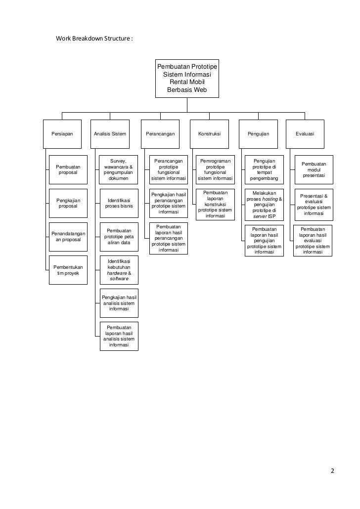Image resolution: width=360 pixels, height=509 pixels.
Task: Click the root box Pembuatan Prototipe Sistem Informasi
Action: (x=186, y=79)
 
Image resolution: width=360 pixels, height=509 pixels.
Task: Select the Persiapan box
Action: (x=61, y=134)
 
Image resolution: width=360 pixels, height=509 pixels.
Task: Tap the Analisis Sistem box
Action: (x=110, y=134)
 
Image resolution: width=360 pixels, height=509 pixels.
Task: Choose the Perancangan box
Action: (x=160, y=134)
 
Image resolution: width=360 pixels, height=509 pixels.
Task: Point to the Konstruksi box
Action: (x=209, y=134)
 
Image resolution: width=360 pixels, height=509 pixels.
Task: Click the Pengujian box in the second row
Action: (x=259, y=134)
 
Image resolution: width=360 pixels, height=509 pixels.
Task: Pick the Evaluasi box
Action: (x=305, y=134)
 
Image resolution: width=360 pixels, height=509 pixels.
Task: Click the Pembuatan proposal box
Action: (x=68, y=170)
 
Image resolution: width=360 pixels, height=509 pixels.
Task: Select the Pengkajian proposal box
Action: (x=68, y=203)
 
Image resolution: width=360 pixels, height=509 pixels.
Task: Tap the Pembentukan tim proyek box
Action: (x=68, y=270)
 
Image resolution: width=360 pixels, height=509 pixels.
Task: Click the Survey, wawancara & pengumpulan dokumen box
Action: (x=119, y=170)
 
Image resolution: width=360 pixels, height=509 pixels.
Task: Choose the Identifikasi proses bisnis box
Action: (x=119, y=203)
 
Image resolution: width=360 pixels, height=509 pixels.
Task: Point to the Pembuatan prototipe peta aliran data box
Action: (x=119, y=237)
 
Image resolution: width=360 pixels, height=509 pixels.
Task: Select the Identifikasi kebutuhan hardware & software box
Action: (x=119, y=270)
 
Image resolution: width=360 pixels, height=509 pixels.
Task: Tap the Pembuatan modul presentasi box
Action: (x=314, y=170)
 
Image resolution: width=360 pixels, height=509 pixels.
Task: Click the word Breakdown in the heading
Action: (x=92, y=38)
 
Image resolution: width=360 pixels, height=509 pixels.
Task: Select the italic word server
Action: (x=260, y=216)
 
